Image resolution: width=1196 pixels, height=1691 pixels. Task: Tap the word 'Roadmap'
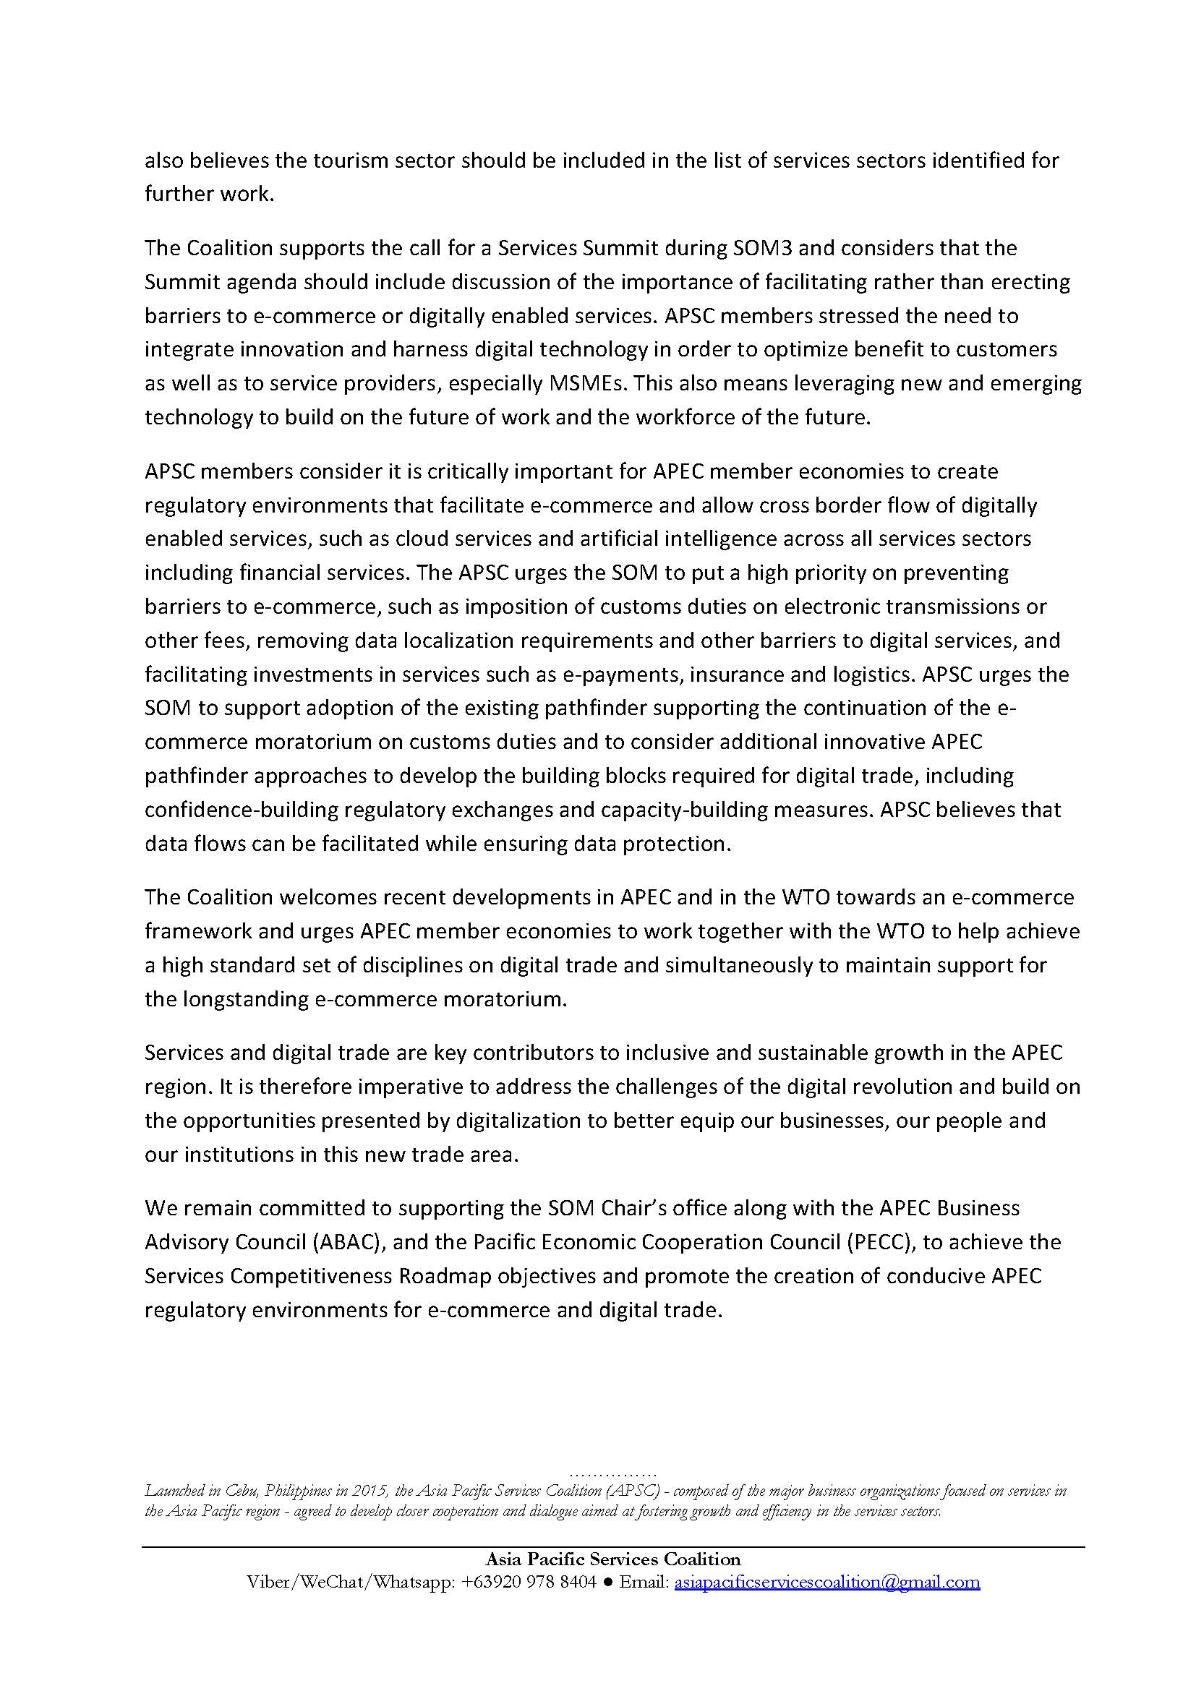(445, 1275)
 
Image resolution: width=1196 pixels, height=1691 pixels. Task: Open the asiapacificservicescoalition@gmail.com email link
(827, 1581)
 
